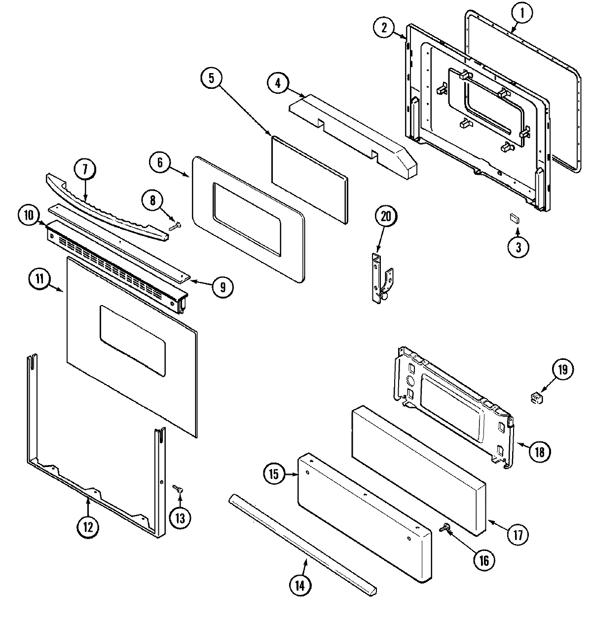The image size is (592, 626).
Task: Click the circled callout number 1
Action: [523, 14]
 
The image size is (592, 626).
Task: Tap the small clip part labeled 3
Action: [515, 219]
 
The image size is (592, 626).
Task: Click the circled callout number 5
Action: [211, 78]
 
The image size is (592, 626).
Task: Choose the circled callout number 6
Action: [160, 163]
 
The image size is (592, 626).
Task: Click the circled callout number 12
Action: [87, 527]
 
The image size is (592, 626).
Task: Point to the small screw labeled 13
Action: [178, 489]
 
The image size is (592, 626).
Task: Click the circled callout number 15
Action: [274, 474]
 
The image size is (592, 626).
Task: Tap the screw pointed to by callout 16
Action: [444, 528]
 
